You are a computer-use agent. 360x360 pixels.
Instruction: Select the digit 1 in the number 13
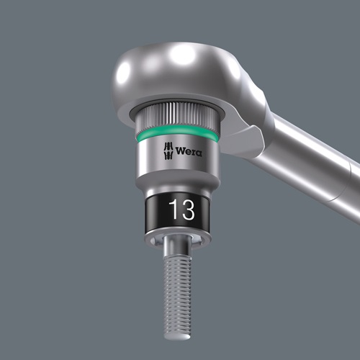pyautogui.click(x=173, y=210)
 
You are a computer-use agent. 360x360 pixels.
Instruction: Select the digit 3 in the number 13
pyautogui.click(x=186, y=210)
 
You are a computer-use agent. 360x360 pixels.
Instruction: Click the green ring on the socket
pyautogui.click(x=177, y=134)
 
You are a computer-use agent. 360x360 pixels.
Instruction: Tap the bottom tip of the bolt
pyautogui.click(x=177, y=338)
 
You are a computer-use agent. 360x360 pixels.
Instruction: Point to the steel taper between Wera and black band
pyautogui.click(x=177, y=180)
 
